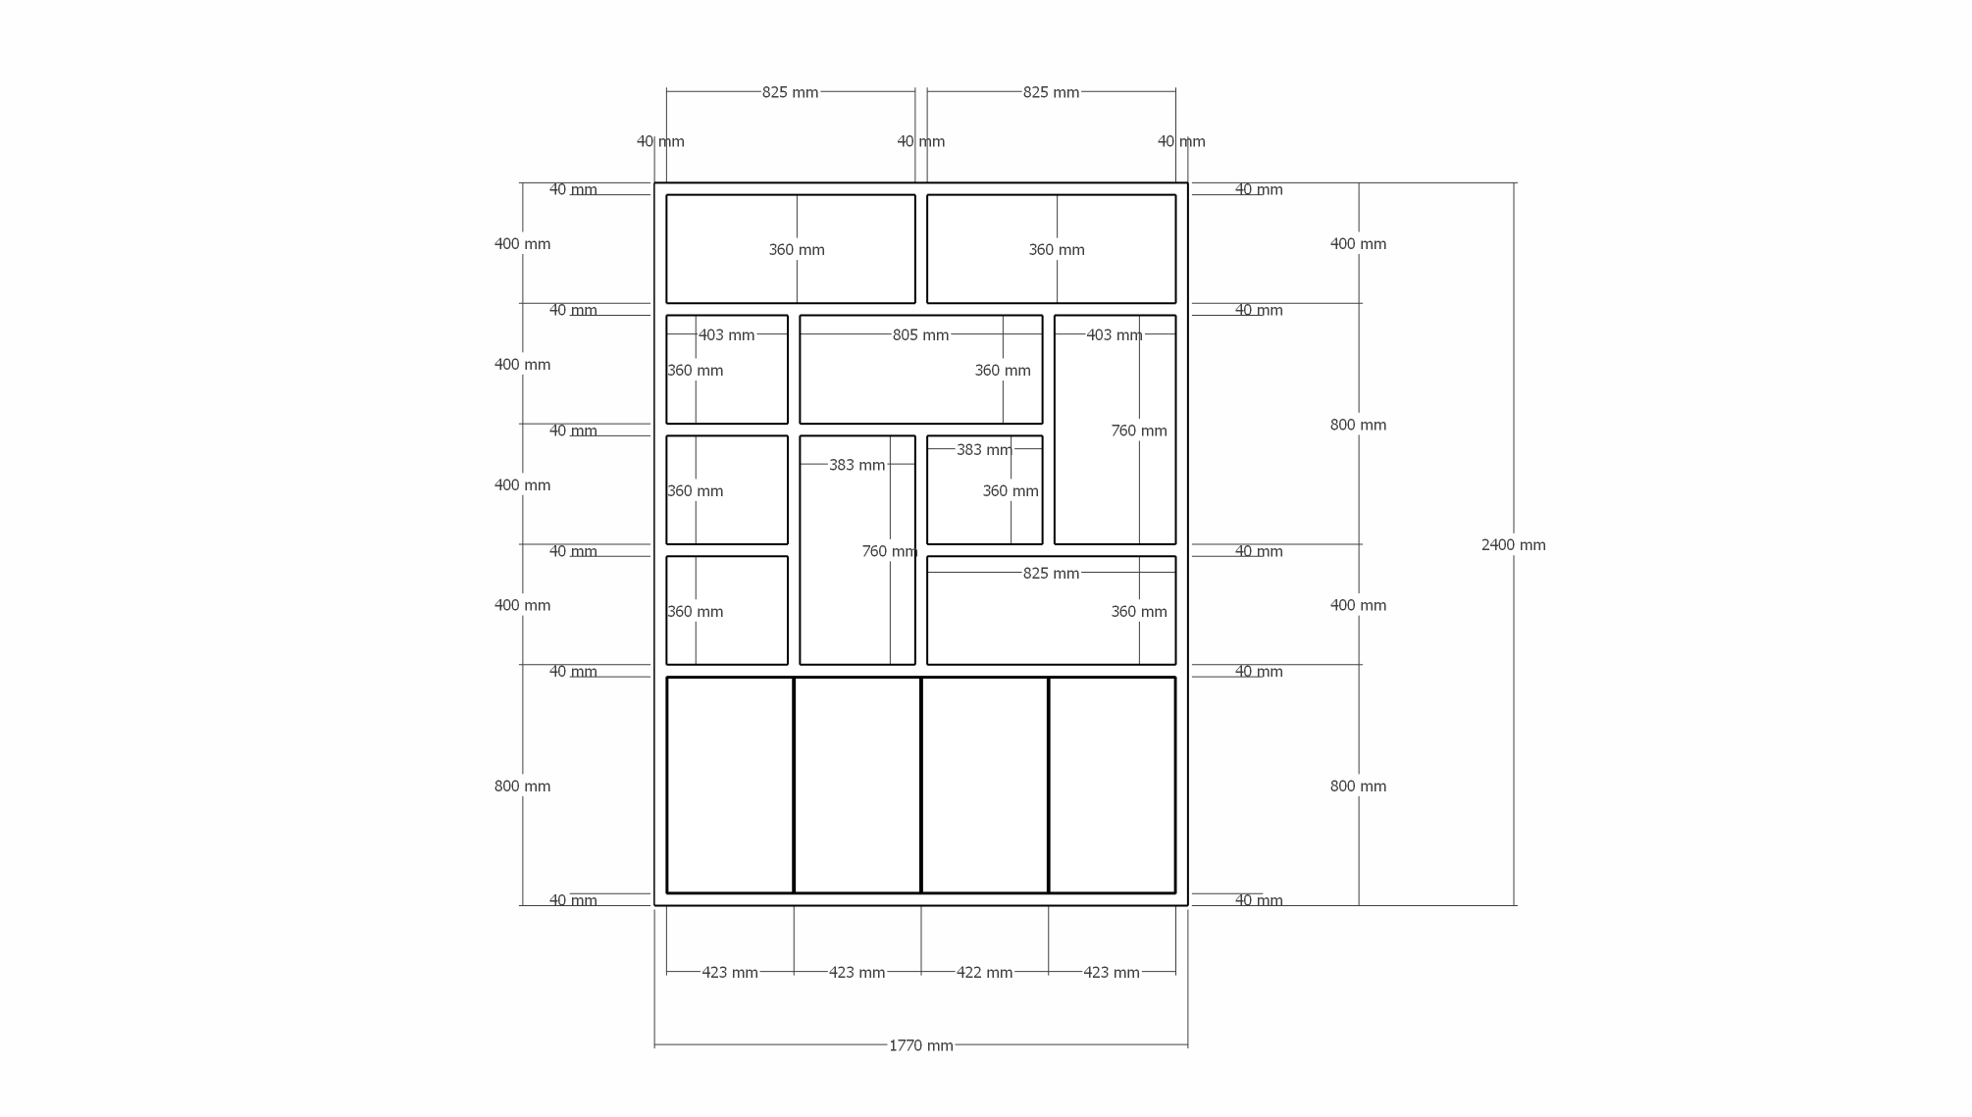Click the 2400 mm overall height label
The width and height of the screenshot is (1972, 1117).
[1513, 545]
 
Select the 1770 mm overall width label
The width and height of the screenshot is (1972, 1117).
[920, 1045]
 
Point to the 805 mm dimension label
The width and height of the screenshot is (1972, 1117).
[920, 335]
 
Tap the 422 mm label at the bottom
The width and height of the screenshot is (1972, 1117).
[984, 973]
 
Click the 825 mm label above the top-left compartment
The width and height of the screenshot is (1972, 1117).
[790, 92]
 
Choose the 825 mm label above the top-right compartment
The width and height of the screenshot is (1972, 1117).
[1051, 92]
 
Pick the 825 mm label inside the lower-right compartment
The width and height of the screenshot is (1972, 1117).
[1051, 574]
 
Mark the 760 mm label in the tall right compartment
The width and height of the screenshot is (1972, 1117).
[1139, 432]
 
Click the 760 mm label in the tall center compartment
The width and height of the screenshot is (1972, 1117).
[890, 552]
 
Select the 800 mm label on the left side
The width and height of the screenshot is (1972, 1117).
[522, 787]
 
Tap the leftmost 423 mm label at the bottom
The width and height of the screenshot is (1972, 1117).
[730, 973]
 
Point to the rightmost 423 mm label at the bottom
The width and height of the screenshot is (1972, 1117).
[1112, 973]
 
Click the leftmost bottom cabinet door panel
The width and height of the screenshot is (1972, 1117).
[730, 785]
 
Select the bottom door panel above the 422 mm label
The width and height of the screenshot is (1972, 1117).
[984, 785]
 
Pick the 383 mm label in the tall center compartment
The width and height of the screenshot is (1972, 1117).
[856, 465]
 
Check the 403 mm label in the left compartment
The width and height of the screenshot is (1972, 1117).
[726, 335]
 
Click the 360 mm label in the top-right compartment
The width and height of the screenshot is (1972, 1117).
[1057, 250]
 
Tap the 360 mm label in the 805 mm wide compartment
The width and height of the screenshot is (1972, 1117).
[1003, 371]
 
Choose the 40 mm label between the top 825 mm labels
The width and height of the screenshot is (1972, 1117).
[920, 141]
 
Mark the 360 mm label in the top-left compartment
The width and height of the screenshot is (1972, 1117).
[797, 250]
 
